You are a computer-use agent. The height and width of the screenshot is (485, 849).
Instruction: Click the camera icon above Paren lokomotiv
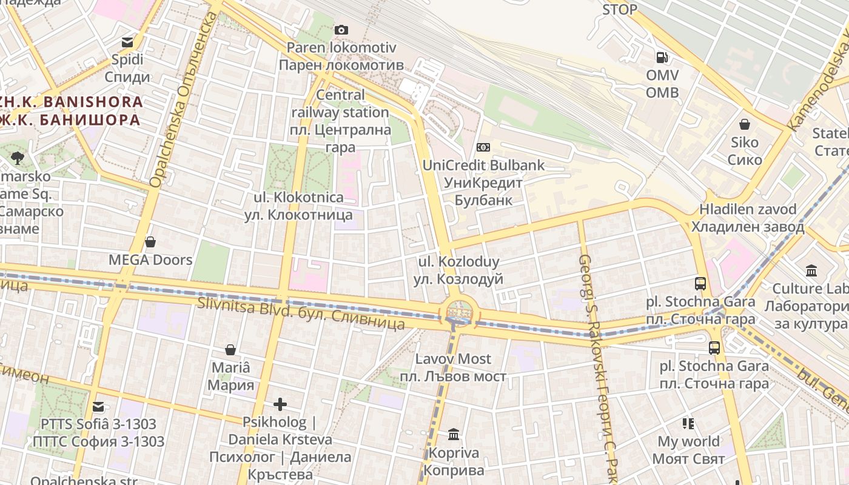[341, 30]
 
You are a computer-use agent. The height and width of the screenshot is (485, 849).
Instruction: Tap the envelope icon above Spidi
[127, 42]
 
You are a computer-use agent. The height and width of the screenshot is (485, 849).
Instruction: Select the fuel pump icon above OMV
[662, 58]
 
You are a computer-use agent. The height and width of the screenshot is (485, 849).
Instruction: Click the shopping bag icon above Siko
[745, 125]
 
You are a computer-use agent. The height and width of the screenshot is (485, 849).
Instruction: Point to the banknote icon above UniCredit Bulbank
[483, 147]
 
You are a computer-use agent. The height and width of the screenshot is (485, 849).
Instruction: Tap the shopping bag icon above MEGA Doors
[150, 242]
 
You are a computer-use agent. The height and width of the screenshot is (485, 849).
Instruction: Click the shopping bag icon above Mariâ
[230, 350]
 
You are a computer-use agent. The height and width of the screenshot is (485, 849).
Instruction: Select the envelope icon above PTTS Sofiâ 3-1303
[98, 406]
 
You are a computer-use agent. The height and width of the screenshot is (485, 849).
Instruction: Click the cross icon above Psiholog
[280, 404]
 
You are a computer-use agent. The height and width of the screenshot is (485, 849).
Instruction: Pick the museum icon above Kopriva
[454, 434]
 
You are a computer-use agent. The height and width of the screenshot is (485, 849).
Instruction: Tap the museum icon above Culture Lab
[811, 270]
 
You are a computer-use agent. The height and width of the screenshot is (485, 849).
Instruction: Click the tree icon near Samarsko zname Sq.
[17, 158]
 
